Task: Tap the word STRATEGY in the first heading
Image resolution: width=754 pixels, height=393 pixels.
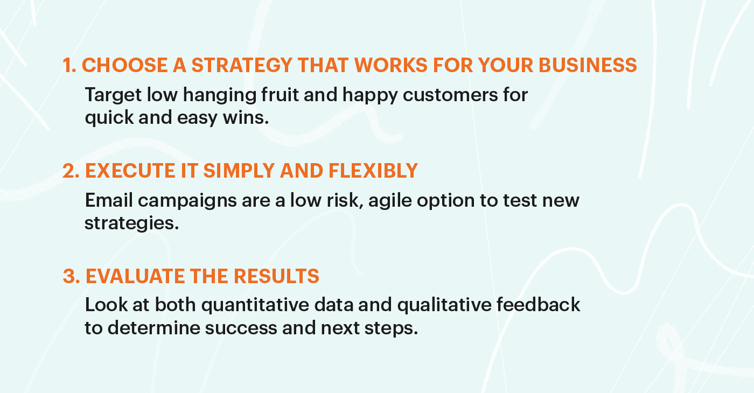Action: pos(242,65)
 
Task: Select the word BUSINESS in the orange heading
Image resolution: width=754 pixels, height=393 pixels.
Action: pos(588,65)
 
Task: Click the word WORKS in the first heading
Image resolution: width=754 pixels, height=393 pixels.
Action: pos(391,65)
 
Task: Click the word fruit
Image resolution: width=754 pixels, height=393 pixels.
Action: pos(280,94)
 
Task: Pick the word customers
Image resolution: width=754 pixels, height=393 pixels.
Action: pos(450,95)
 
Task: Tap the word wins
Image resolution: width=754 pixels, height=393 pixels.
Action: pos(246,118)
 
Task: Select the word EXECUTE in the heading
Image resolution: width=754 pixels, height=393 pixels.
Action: pos(130,171)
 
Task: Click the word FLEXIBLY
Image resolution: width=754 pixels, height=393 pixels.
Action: pos(373,171)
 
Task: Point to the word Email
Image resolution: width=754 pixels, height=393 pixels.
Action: pos(109,200)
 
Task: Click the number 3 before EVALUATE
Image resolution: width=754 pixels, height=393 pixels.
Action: pos(71,277)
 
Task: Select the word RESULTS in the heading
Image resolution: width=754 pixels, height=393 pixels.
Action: pos(276,277)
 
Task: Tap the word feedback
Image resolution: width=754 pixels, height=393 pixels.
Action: pos(538,305)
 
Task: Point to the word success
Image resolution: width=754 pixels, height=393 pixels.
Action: pos(241,328)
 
